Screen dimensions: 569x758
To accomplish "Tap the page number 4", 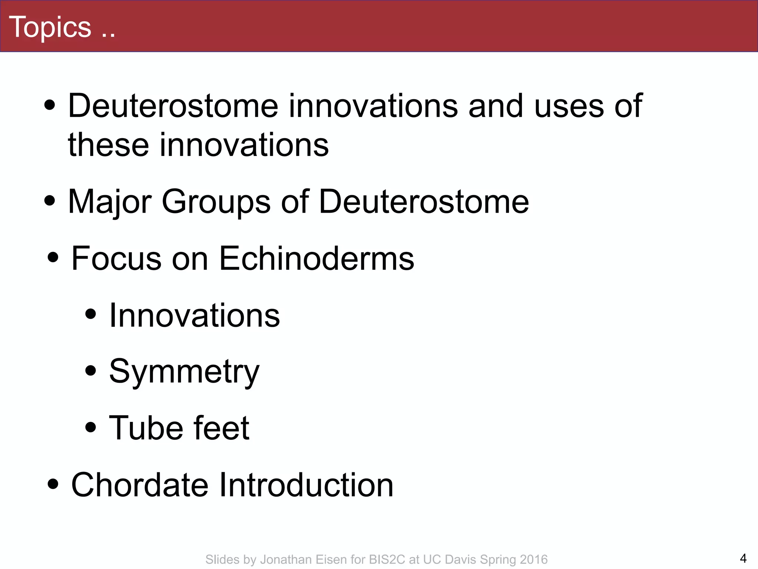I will click(743, 558).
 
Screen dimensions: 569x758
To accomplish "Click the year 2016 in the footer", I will click(533, 559).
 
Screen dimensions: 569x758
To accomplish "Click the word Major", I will click(110, 202).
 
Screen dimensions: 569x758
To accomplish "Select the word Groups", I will click(216, 202).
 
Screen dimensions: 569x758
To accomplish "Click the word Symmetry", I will click(184, 372).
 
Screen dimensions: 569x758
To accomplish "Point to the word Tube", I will click(145, 428).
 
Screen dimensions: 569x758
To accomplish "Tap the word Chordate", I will click(140, 485).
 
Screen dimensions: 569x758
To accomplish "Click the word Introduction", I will click(306, 485).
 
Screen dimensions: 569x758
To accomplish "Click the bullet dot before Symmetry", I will click(90, 370).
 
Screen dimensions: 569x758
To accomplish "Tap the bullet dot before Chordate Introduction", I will click(53, 483).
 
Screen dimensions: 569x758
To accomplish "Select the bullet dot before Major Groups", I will click(50, 201).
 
